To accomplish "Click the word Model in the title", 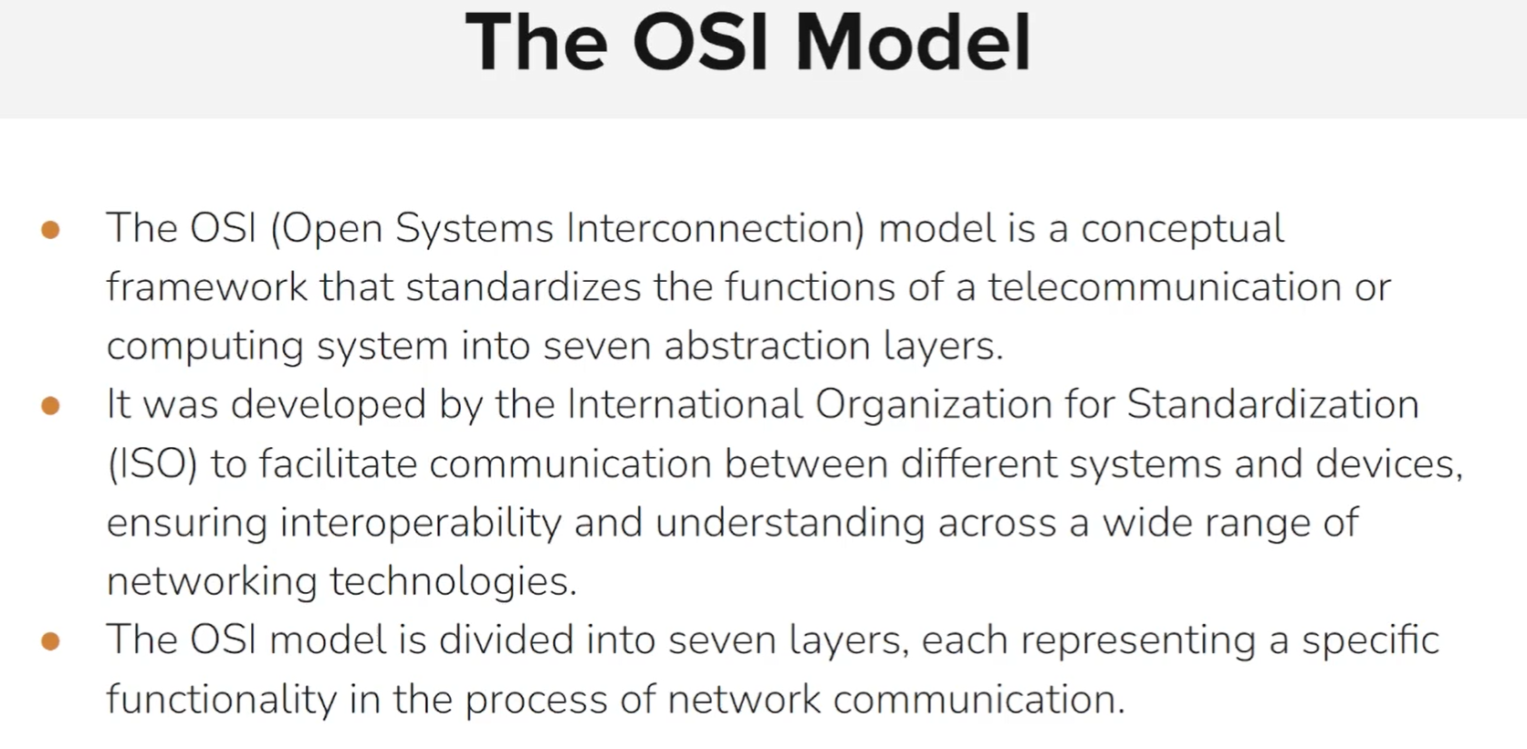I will coord(913,42).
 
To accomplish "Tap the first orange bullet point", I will coord(51,229).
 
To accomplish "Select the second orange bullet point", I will coord(51,405).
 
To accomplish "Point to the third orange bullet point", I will coord(51,641).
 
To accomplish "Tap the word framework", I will coord(206,287).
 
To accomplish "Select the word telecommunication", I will coord(1165,287).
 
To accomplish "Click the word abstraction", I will coord(767,347).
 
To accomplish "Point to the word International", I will coord(685,404).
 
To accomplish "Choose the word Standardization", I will coord(1272,404).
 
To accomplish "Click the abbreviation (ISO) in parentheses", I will coord(152,464).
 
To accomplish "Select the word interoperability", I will coord(420,524).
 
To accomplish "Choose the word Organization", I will coord(933,405).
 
